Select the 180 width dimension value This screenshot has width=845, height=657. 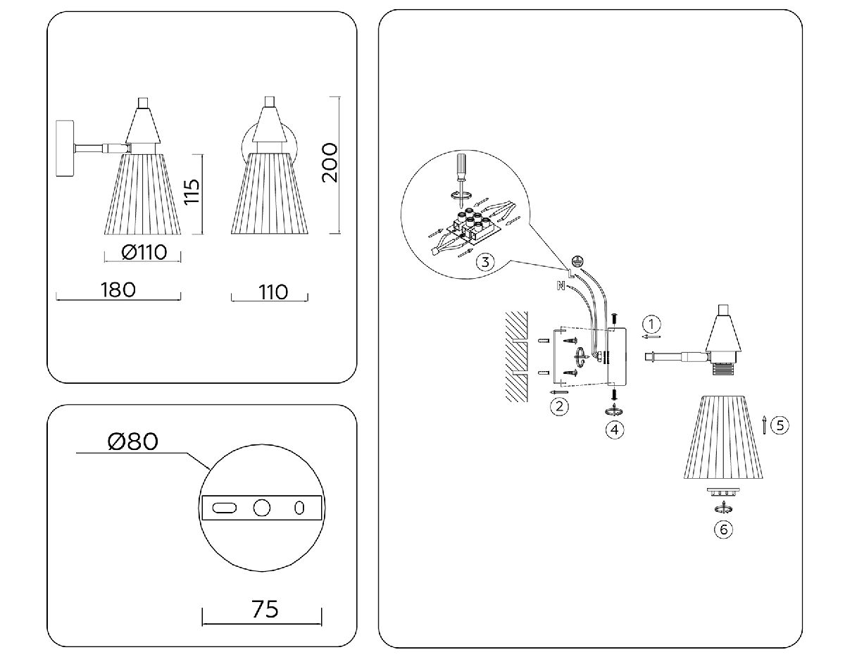point(118,289)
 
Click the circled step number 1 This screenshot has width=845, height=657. point(653,324)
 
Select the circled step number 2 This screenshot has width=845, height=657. point(559,406)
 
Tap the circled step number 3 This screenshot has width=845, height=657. point(484,263)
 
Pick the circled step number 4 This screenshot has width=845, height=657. point(615,428)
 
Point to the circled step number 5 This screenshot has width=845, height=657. point(779,425)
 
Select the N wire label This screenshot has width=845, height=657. point(561,285)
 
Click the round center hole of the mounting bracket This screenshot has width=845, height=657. point(262,508)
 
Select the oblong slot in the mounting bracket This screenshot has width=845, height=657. point(224,508)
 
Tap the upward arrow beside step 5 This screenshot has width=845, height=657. point(765,424)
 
